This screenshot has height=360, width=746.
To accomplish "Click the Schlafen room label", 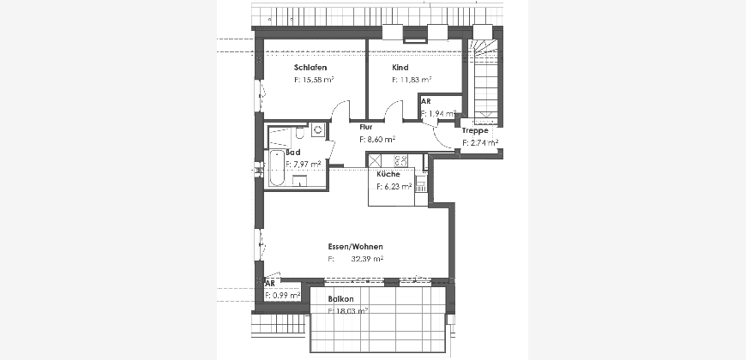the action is click(310, 68).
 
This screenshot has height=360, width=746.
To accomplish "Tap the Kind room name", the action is click(400, 68).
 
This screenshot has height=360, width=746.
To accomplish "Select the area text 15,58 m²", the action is click(317, 80).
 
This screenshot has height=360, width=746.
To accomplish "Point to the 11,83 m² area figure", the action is click(415, 80).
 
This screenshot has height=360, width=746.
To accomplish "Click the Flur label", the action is click(366, 127).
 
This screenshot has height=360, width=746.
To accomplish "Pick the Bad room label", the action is click(293, 153).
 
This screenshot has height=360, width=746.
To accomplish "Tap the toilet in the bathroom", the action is click(300, 133).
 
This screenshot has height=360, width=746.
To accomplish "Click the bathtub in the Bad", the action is click(276, 167).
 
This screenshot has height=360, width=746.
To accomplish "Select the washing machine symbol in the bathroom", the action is click(318, 129).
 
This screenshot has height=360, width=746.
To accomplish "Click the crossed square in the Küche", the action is click(375, 161).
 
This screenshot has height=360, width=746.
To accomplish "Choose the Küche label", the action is click(388, 175).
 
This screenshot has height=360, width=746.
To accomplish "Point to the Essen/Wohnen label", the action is click(355, 247).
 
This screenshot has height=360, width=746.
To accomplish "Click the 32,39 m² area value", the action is click(367, 259).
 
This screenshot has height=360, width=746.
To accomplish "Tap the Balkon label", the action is click(340, 299).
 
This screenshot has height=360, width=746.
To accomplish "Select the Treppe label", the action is click(475, 131).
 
